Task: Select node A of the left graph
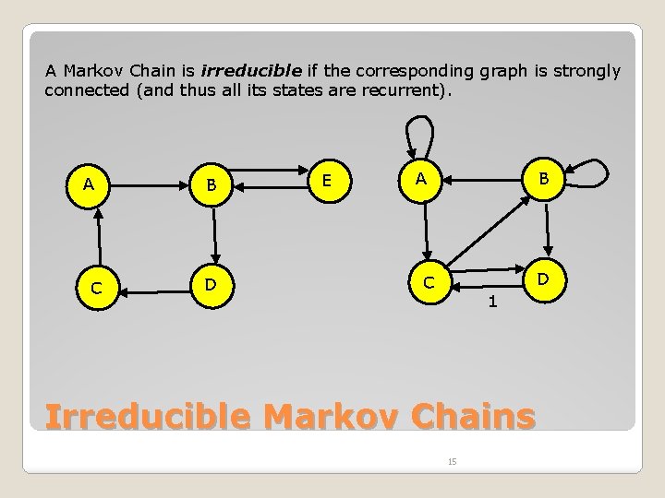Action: (89, 184)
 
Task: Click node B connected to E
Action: (212, 185)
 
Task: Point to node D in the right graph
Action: (544, 278)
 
